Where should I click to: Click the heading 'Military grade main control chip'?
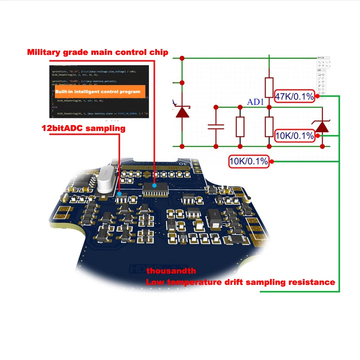tap(98, 52)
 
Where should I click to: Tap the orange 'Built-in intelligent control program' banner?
tap(98, 91)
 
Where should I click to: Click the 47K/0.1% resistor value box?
tap(295, 96)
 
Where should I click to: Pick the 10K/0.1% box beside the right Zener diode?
tap(295, 135)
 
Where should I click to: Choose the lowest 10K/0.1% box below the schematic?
tap(249, 161)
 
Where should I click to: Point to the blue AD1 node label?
tap(256, 102)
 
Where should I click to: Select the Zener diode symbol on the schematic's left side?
tap(182, 111)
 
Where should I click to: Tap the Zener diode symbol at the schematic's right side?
tap(322, 126)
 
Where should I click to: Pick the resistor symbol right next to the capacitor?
tap(240, 127)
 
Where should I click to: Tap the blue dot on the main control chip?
tap(154, 185)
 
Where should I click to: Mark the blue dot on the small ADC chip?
tap(119, 193)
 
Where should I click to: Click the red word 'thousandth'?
tap(171, 271)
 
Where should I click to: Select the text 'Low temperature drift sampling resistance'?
tap(240, 282)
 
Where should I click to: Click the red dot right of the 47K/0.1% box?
tap(317, 96)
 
